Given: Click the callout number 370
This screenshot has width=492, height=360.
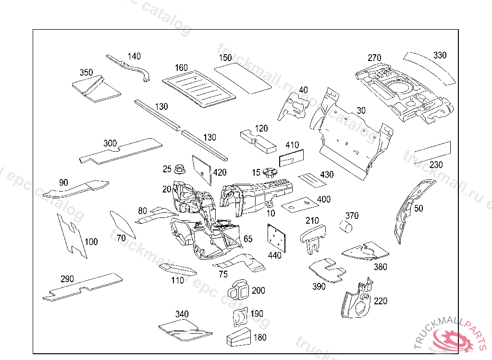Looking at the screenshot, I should [352, 216].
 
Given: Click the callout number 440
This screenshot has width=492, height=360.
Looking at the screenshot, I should [275, 255].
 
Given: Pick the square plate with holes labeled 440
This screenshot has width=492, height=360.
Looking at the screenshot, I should [275, 238].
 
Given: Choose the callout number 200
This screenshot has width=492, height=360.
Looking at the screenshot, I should [258, 290].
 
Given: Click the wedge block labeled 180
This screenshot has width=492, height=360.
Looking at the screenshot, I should [239, 337].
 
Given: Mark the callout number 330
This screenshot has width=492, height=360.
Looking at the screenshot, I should [440, 55].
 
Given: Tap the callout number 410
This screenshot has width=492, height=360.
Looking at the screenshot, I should [292, 145].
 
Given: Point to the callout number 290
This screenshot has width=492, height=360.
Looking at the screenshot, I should [67, 279].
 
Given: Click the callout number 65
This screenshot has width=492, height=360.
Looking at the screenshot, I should [248, 239].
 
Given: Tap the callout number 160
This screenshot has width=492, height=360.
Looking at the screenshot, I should [181, 68].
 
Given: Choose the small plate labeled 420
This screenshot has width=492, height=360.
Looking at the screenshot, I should [202, 168].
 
